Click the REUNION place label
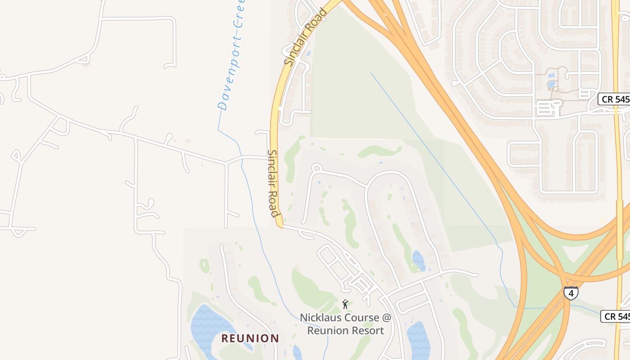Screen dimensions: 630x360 click(x=250, y=338)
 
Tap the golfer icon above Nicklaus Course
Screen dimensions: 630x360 click(x=345, y=304)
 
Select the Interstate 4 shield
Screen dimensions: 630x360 click(x=571, y=293)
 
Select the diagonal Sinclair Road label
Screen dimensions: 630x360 click(x=305, y=36)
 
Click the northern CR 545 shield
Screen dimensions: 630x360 click(x=615, y=99)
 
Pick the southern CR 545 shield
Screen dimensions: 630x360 click(x=616, y=316)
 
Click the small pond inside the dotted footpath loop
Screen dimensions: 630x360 click(x=551, y=84)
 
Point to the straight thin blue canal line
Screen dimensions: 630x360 click(x=432, y=153)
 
